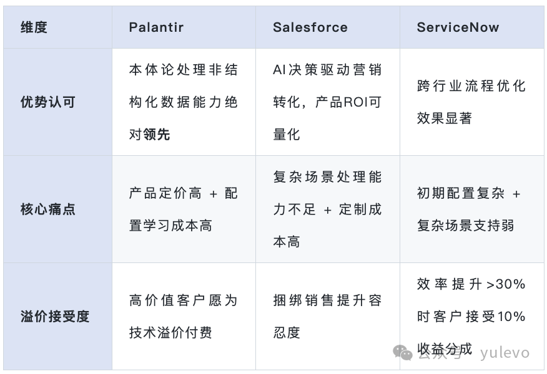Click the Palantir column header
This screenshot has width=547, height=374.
coord(156,27)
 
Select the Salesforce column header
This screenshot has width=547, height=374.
coord(310,27)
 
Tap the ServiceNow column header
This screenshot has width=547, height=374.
coord(458,27)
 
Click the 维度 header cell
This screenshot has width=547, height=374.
coord(34,27)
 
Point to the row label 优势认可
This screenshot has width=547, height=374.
coord(47,102)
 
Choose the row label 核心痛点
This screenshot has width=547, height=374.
coord(47,209)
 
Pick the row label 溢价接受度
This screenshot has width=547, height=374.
coord(55,317)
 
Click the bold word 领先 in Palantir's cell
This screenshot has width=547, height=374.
coord(157,135)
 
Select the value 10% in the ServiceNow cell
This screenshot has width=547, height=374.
coord(512,317)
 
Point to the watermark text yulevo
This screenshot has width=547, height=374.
coord(505,353)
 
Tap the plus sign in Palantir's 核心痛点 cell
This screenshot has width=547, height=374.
coord(214,194)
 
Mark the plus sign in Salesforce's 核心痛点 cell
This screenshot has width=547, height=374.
coord(328,210)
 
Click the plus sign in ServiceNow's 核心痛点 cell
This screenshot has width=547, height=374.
coord(516,194)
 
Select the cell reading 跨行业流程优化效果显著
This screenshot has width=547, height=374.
coord(471,102)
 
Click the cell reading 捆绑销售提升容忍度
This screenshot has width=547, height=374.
coord(327,317)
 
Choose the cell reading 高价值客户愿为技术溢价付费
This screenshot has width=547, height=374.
coord(184,317)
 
